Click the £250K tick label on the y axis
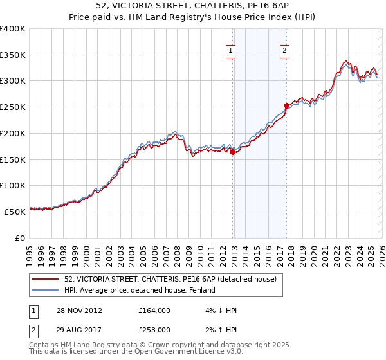(x=13, y=107)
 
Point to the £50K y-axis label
(x=15, y=212)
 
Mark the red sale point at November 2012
(x=232, y=152)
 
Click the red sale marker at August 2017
(x=286, y=105)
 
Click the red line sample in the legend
(x=45, y=279)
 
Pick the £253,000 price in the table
(x=154, y=330)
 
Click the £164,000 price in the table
(x=154, y=310)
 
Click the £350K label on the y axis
(x=13, y=55)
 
